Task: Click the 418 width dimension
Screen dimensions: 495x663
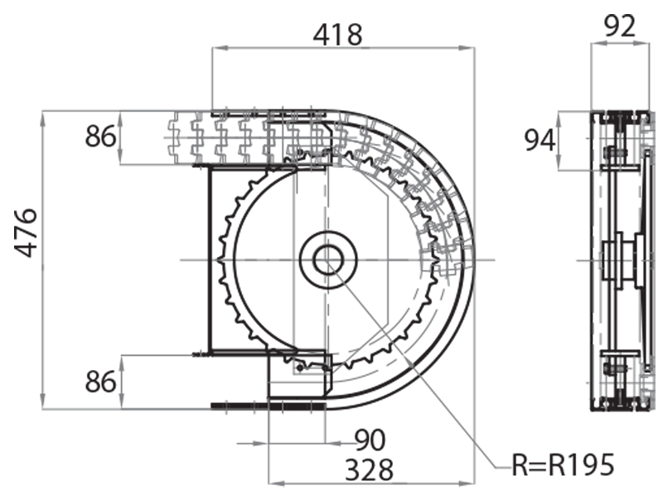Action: (x=338, y=35)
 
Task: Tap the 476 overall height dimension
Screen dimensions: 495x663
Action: (x=27, y=233)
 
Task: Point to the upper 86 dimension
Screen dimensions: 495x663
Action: (x=101, y=136)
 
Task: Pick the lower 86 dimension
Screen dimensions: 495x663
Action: (x=101, y=382)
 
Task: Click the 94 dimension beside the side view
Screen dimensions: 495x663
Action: (x=540, y=141)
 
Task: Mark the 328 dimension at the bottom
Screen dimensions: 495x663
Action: (x=368, y=469)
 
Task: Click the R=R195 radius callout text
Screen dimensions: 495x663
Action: (x=563, y=465)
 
